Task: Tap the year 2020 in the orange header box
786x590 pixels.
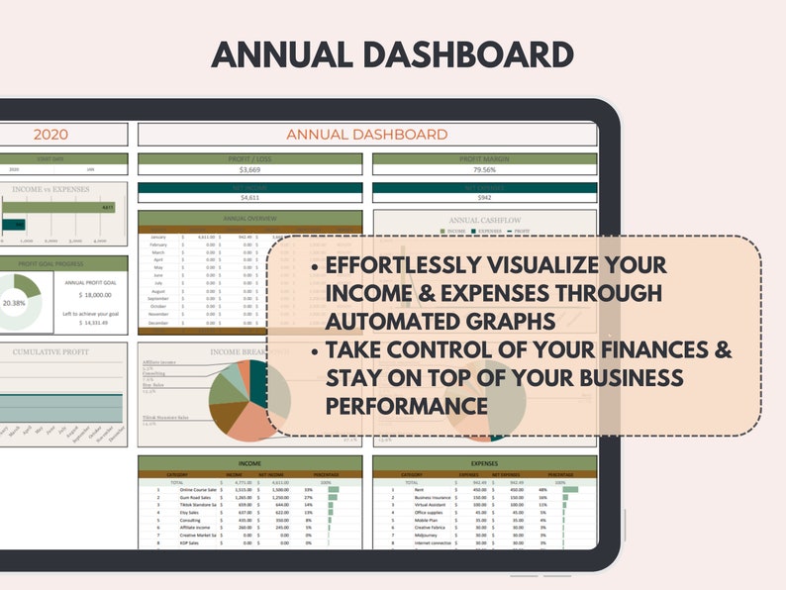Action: click(x=50, y=135)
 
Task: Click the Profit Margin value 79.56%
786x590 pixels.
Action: click(x=484, y=170)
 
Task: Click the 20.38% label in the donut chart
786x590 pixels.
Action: click(x=14, y=302)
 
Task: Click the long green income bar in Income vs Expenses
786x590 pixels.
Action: click(x=59, y=208)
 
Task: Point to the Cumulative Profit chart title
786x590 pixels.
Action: click(x=50, y=351)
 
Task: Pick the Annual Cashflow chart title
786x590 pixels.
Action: click(x=484, y=221)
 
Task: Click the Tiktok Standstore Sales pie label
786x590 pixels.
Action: click(x=165, y=418)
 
